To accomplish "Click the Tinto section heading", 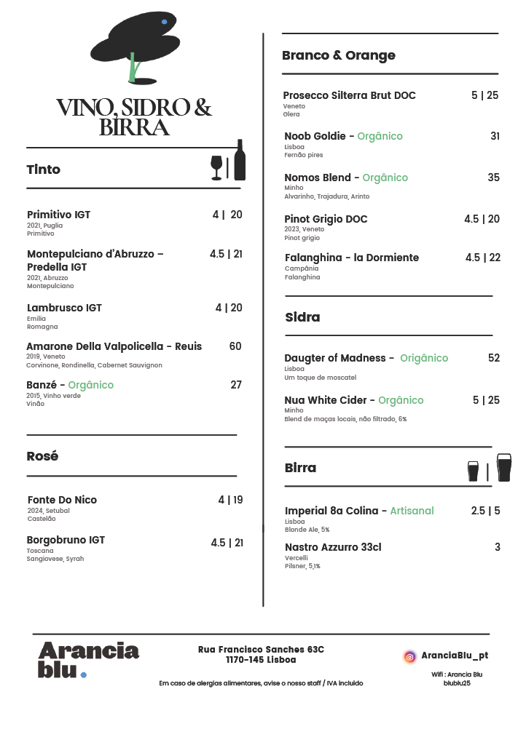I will [x=44, y=170].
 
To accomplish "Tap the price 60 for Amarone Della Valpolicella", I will [x=235, y=346].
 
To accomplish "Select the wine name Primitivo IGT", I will [x=58, y=215].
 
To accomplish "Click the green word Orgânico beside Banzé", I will [x=91, y=385].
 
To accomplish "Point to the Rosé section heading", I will [x=42, y=456].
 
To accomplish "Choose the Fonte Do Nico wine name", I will [x=62, y=500].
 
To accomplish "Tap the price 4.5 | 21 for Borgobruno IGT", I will [x=227, y=543].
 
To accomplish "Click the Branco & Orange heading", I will [x=339, y=55].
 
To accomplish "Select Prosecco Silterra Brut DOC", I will [x=350, y=95].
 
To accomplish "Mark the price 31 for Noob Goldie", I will [x=495, y=136].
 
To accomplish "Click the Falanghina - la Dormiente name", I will [x=352, y=258].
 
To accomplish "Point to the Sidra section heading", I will [x=302, y=317].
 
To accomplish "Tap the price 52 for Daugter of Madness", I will [x=494, y=358].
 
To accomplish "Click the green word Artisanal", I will [x=412, y=511].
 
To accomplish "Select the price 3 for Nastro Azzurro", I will [x=498, y=547].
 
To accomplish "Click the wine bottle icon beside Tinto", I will [x=240, y=160].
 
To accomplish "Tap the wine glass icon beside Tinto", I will [x=216, y=167].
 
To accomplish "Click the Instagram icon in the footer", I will [x=410, y=656].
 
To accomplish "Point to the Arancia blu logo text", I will [x=87, y=659].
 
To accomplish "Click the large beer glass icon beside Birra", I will [x=503, y=468].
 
